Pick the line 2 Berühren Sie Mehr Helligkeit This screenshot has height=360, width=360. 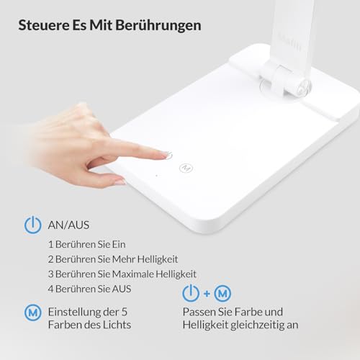click(112, 258)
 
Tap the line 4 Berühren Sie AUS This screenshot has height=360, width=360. click(89, 289)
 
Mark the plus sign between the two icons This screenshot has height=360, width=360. click(207, 294)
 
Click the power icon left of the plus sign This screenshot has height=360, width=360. click(190, 294)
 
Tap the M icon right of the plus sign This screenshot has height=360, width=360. click(224, 294)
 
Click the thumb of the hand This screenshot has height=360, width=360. click(108, 179)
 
